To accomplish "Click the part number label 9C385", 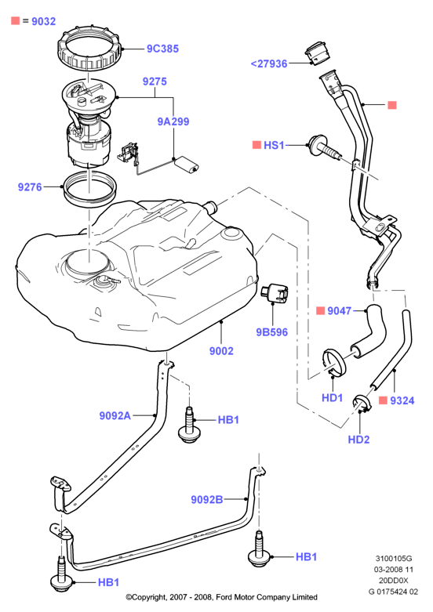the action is pos(162,49).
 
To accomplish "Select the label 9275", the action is pos(155,81).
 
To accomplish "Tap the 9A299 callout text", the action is pos(173,121).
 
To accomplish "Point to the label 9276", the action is pos(30,187).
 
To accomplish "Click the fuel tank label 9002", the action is pos(221,351).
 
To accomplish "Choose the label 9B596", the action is pos(271,332).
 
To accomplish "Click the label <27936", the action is pos(269,63).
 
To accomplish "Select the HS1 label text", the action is pos(274,145).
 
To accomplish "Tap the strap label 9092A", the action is pos(115,415).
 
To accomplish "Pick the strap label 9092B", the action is pos(207,499).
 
